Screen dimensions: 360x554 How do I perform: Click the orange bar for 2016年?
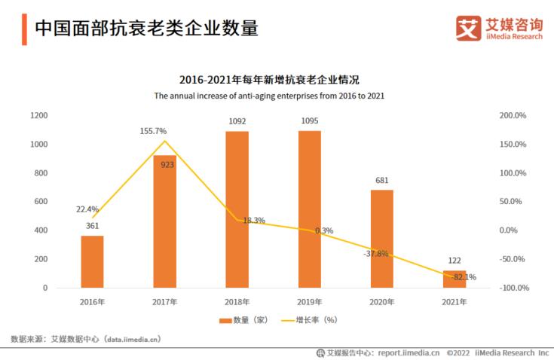tap(93, 261)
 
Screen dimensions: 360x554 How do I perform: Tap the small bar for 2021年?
tap(455, 279)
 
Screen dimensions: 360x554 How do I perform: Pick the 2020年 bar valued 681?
tap(382, 239)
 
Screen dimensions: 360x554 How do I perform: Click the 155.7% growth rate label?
tap(153, 131)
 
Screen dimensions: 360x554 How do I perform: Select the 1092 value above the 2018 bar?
tap(237, 121)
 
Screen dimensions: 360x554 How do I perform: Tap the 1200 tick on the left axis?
tap(39, 115)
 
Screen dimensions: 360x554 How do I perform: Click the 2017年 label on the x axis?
tap(164, 302)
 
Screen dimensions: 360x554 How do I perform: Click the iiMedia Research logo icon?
tap(468, 28)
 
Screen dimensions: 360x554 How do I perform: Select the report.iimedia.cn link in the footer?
tap(409, 352)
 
